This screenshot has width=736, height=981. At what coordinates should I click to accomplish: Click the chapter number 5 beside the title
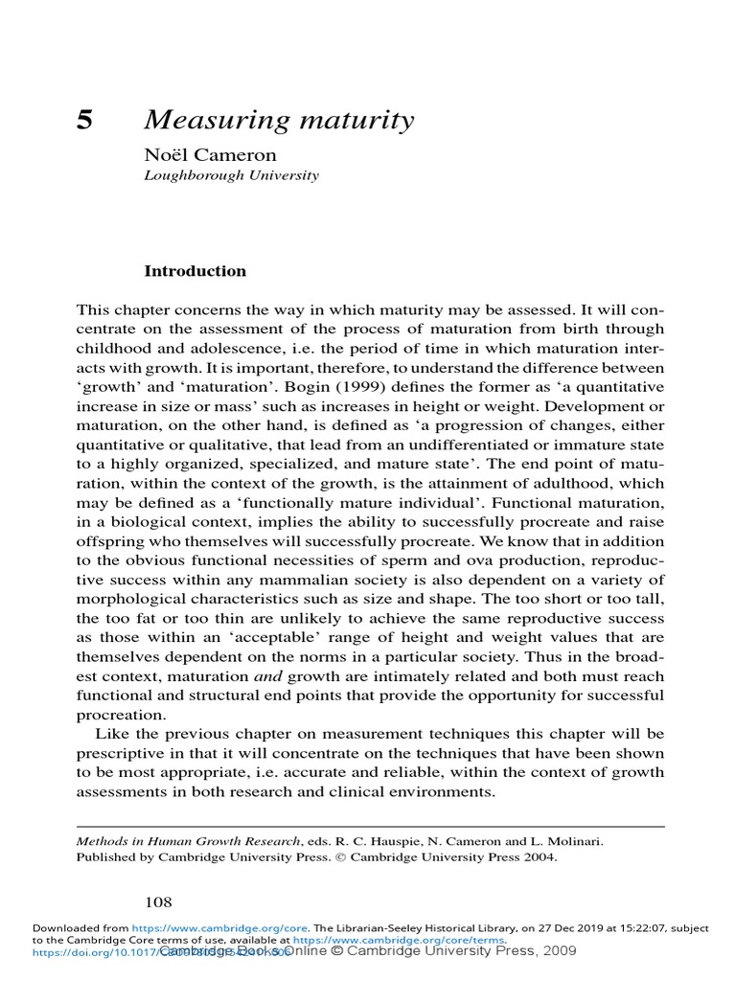click(84, 121)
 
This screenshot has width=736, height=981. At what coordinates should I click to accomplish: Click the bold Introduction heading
click(195, 271)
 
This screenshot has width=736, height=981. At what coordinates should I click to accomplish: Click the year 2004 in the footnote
click(539, 857)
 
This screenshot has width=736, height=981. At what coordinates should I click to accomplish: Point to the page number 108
click(157, 901)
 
